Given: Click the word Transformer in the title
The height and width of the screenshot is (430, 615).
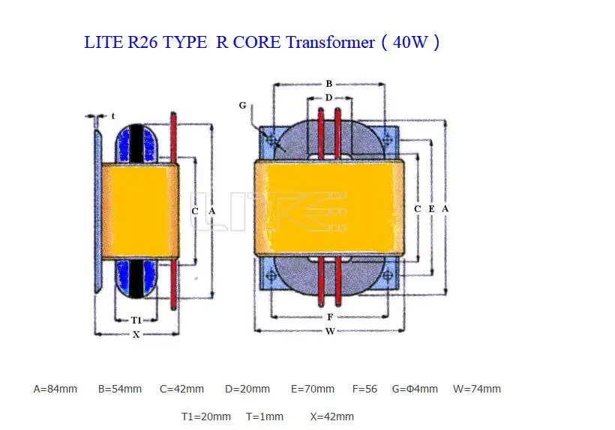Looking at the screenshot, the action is pyautogui.click(x=330, y=42).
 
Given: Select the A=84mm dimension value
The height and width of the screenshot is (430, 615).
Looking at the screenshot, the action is pyautogui.click(x=55, y=389).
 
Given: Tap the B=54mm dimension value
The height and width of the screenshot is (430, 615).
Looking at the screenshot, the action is pyautogui.click(x=120, y=389).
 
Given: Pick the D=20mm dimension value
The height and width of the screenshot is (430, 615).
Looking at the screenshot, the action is pyautogui.click(x=247, y=389).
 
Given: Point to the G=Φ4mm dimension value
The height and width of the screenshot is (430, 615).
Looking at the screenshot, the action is pyautogui.click(x=415, y=389).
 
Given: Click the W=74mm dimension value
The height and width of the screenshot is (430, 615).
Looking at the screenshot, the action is pyautogui.click(x=476, y=389).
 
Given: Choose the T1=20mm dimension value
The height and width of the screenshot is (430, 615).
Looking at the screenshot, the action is pyautogui.click(x=206, y=417).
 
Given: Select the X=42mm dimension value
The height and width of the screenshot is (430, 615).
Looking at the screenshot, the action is pyautogui.click(x=331, y=417).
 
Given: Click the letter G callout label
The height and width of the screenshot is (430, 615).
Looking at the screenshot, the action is pyautogui.click(x=242, y=106).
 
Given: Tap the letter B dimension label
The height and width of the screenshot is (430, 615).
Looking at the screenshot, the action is pyautogui.click(x=328, y=83).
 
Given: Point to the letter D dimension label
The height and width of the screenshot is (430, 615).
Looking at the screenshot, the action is pyautogui.click(x=328, y=97).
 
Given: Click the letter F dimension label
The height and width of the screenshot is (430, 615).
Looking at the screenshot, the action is pyautogui.click(x=330, y=317).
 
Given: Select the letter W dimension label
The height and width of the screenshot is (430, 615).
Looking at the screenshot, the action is pyautogui.click(x=330, y=331).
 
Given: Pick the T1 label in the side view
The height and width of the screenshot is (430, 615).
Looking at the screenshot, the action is pyautogui.click(x=136, y=321).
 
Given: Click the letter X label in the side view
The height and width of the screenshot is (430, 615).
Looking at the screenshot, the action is pyautogui.click(x=136, y=334).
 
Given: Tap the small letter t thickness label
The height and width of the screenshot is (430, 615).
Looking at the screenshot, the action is pyautogui.click(x=113, y=116).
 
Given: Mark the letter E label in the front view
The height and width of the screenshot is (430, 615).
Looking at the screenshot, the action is pyautogui.click(x=431, y=209).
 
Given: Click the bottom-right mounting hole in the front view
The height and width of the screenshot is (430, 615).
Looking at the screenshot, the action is pyautogui.click(x=388, y=276).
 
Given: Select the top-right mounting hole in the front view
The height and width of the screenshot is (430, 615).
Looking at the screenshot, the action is pyautogui.click(x=388, y=139).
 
